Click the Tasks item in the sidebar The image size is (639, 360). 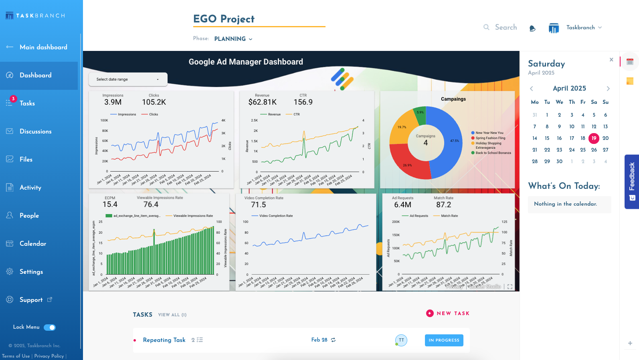(27, 103)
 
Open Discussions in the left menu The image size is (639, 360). (35, 131)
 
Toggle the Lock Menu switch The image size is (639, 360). (50, 328)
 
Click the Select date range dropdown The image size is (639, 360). (128, 79)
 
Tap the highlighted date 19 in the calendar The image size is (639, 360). (594, 138)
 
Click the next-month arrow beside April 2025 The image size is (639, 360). (608, 89)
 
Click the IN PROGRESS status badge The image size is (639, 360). (444, 340)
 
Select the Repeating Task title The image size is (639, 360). (164, 340)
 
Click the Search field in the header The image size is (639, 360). (506, 27)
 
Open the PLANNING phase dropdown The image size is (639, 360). (233, 39)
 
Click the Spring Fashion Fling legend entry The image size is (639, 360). (490, 138)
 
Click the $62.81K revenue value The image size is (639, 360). (262, 102)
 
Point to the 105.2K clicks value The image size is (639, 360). (154, 102)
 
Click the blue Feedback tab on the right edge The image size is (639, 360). (632, 182)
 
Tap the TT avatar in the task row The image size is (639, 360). (401, 340)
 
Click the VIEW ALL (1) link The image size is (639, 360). (172, 315)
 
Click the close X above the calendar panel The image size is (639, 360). (611, 60)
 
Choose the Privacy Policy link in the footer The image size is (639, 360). (49, 356)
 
